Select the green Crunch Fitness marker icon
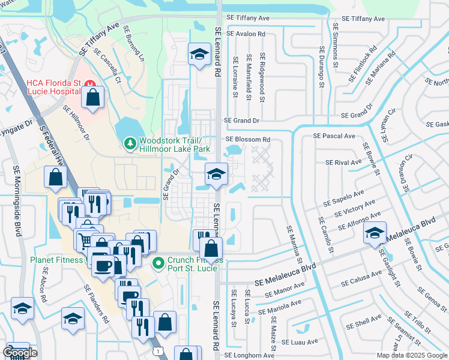click(158, 262)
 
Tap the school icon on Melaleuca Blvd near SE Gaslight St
click(375, 233)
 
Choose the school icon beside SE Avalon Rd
click(197, 54)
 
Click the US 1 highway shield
click(157, 349)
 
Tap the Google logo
click(20, 353)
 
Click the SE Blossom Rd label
click(248, 140)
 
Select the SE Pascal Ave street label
click(334, 136)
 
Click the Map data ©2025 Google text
click(411, 355)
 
